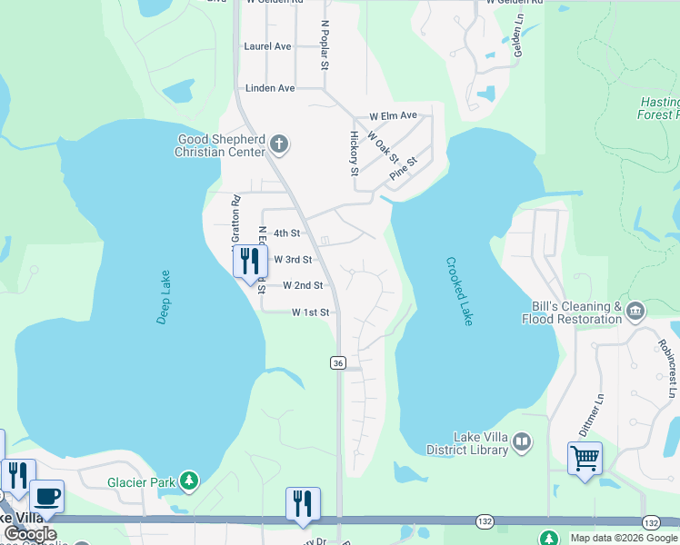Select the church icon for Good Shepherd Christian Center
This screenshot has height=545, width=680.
pos(279,144)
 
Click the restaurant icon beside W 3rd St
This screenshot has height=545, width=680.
pos(248,262)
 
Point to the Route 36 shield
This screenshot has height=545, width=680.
pos(338,362)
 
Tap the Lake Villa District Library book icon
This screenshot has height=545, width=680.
pos(522,442)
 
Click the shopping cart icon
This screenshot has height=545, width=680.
pos(585,457)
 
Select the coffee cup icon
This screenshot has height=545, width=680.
pos(47,496)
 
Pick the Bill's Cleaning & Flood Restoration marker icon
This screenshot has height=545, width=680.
pos(635,312)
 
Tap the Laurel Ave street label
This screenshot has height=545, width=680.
pos(268,46)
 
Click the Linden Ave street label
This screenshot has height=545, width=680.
pos(270,88)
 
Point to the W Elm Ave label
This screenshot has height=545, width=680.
pos(393,116)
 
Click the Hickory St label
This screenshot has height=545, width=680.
pos(355,152)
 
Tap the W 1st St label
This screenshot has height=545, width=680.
pos(310,312)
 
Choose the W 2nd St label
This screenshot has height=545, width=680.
pos(303,285)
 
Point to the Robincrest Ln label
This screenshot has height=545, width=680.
pos(665,369)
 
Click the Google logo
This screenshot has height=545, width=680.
pos(29,534)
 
